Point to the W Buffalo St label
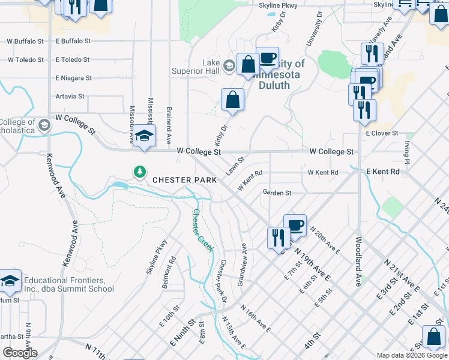coord(25,41)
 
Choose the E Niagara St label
coord(73,78)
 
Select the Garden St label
coord(277,193)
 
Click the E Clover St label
coord(382,133)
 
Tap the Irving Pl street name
coord(406,154)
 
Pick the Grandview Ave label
coord(243,265)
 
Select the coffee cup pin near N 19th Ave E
coord(294,226)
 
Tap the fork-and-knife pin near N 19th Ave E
coord(279,237)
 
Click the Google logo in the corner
coord(20,353)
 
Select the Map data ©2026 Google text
coord(411,355)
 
